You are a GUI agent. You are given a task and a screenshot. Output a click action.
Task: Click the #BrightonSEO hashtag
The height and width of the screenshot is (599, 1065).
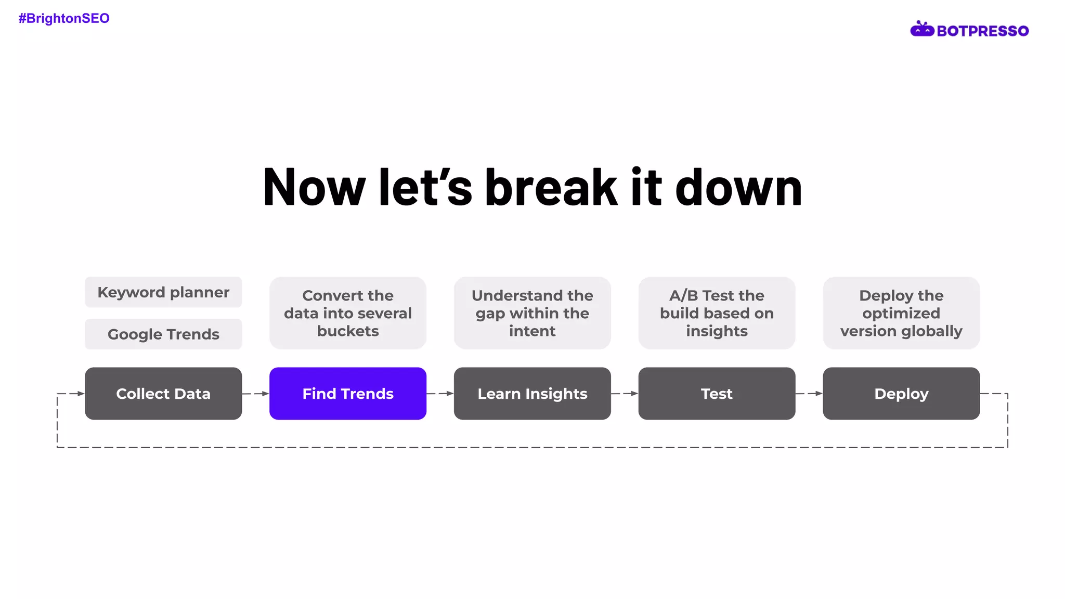click(64, 19)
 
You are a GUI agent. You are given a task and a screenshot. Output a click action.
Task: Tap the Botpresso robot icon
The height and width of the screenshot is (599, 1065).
click(922, 29)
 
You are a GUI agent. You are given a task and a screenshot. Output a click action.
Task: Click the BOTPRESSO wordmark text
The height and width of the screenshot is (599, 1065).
click(982, 31)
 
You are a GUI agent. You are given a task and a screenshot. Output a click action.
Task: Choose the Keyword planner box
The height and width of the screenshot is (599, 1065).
click(163, 292)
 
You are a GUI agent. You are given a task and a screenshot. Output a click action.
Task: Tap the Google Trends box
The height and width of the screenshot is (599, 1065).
click(163, 334)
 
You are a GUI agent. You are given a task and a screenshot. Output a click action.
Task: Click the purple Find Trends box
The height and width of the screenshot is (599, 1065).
click(348, 394)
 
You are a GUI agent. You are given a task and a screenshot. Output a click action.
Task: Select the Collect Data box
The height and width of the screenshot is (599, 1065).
click(163, 394)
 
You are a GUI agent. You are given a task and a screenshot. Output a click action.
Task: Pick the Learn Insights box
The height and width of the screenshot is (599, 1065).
click(532, 394)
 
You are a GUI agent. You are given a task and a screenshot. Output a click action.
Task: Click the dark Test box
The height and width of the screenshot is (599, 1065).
click(717, 394)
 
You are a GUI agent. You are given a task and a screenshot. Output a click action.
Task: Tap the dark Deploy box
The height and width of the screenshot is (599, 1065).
click(901, 394)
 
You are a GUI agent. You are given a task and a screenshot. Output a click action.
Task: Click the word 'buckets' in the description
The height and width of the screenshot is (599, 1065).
click(348, 331)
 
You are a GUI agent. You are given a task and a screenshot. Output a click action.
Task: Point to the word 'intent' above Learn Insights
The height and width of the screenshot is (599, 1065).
click(532, 331)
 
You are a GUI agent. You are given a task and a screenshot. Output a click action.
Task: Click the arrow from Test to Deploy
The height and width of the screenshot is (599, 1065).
click(809, 394)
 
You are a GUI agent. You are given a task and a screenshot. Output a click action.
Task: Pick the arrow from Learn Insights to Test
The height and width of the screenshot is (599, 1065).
click(625, 394)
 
